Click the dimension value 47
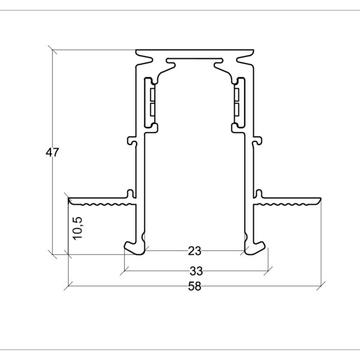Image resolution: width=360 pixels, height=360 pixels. click(52, 152)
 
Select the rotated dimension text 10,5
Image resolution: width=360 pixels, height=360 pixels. click(77, 229)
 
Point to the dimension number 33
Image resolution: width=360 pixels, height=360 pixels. click(194, 270)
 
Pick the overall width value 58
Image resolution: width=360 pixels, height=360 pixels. click(194, 287)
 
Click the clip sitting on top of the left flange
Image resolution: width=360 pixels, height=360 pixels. click(129, 193)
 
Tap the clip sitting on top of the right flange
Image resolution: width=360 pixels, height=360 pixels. click(260, 193)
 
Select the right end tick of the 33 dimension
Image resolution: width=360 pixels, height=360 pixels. click(268, 268)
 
